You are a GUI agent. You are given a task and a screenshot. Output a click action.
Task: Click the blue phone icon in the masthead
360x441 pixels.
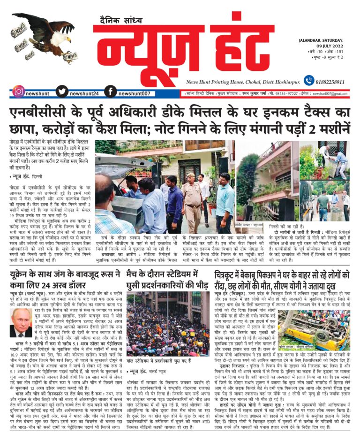pos(308,81)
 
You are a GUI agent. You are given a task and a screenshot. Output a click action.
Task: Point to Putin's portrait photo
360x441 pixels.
pos(22,323)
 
